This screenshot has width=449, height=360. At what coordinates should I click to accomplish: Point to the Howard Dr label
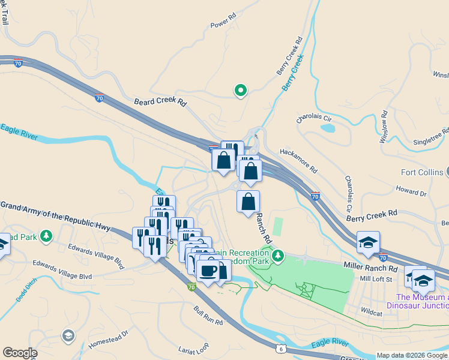(x=411, y=193)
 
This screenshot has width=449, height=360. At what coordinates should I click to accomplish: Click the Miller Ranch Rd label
(x=371, y=265)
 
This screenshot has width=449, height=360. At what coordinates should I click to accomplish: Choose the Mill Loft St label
(x=375, y=279)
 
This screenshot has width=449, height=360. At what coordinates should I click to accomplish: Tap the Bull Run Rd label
(x=208, y=316)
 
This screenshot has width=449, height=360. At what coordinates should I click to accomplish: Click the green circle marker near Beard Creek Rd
(x=240, y=91)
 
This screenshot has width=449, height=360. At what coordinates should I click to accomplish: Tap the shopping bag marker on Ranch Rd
(x=248, y=202)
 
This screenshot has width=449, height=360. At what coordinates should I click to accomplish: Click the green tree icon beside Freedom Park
(x=277, y=256)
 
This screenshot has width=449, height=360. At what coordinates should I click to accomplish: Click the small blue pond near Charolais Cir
(x=328, y=128)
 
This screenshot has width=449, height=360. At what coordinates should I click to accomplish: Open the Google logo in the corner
(x=20, y=353)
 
